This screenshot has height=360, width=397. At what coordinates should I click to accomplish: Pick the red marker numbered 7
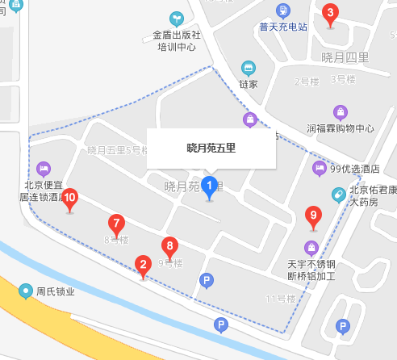coord(117,224)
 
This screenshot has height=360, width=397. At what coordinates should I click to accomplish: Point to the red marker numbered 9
coord(314,216)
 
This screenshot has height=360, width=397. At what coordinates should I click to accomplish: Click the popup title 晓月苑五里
coord(211,149)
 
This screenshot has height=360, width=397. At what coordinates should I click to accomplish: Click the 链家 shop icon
coord(249,68)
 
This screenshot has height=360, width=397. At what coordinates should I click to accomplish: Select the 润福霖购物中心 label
coord(341,128)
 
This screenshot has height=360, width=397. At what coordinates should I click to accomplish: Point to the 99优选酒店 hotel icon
coord(320,168)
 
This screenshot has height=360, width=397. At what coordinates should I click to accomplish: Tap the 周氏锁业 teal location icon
coord(27,291)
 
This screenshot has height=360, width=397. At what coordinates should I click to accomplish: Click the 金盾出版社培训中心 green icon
coord(176,18)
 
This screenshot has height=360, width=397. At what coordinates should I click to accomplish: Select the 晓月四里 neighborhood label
coord(345,57)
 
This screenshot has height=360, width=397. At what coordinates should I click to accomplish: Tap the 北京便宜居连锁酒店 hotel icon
coord(44,169)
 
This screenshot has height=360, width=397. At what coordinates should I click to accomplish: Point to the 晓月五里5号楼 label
coord(118,150)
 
